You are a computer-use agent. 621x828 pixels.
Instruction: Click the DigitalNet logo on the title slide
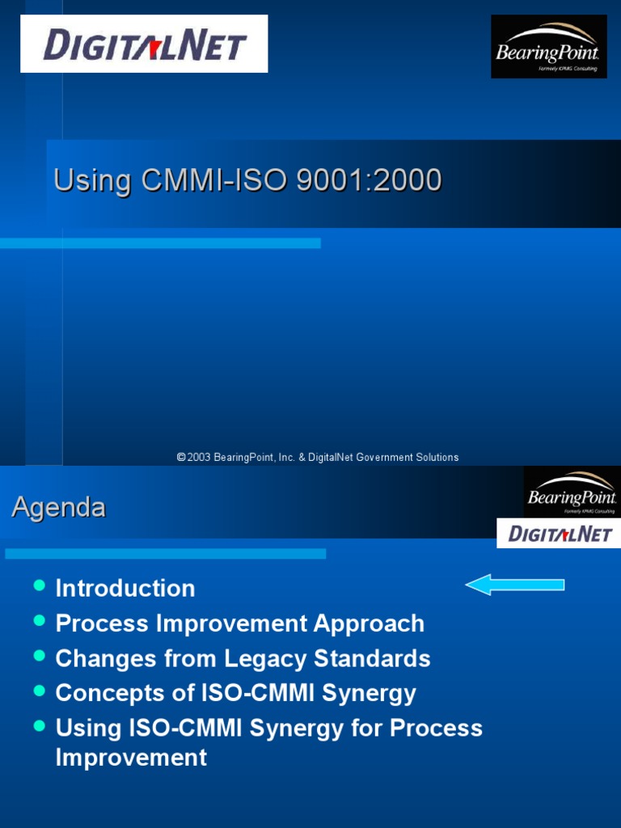pyautogui.click(x=144, y=44)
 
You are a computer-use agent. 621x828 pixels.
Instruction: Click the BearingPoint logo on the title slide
pyautogui.click(x=548, y=47)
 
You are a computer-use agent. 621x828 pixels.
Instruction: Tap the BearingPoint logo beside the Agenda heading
pyautogui.click(x=572, y=492)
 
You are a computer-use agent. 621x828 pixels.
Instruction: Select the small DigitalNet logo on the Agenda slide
pyautogui.click(x=560, y=534)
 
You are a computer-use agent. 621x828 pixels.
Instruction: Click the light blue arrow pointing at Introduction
pyautogui.click(x=515, y=584)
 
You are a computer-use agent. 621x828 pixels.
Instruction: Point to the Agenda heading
pyautogui.click(x=58, y=508)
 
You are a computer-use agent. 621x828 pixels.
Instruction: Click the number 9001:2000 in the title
pyautogui.click(x=368, y=180)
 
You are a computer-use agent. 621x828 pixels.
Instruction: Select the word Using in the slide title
pyautogui.click(x=91, y=180)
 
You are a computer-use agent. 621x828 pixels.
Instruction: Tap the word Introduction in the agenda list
pyautogui.click(x=125, y=588)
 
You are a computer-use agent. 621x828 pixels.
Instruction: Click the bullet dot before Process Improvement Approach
pyautogui.click(x=39, y=620)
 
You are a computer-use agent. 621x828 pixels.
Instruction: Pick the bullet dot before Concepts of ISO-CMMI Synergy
pyautogui.click(x=39, y=690)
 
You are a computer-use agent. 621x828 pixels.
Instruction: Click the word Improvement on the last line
pyautogui.click(x=131, y=758)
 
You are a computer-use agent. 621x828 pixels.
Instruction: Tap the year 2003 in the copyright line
pyautogui.click(x=199, y=458)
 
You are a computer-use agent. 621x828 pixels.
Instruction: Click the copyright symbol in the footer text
pyautogui.click(x=181, y=458)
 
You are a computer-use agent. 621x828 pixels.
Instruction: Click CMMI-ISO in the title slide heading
pyautogui.click(x=215, y=180)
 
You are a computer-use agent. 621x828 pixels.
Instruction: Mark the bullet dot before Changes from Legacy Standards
pyautogui.click(x=39, y=655)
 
